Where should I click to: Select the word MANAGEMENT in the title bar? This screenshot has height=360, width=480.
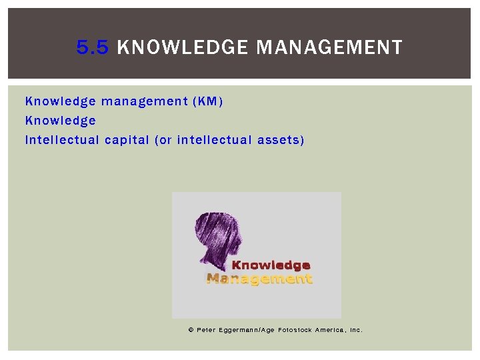(329, 47)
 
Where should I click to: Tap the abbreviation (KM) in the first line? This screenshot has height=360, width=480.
(207, 101)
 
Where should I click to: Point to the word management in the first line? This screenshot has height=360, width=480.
(143, 101)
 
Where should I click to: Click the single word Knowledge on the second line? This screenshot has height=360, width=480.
(61, 121)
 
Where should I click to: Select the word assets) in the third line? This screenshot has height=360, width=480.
(282, 140)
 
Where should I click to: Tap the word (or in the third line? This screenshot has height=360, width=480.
(163, 140)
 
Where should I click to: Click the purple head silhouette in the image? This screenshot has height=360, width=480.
(217, 237)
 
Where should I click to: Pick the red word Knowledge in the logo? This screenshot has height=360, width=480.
(271, 265)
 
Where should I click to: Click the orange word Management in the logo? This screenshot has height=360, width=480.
(259, 279)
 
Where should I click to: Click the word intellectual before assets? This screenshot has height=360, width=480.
(216, 140)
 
